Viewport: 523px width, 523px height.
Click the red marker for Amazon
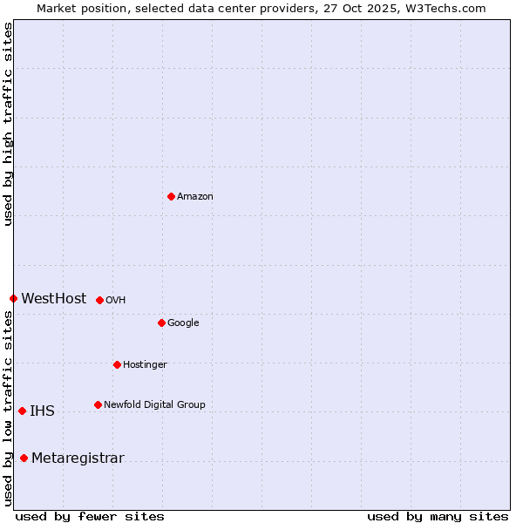click(171, 196)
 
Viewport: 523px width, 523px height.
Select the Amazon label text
click(195, 197)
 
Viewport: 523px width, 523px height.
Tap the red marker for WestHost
click(13, 298)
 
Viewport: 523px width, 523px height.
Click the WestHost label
click(54, 299)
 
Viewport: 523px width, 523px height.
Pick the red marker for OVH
click(99, 300)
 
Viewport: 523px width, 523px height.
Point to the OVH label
click(116, 301)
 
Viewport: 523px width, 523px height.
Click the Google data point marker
click(161, 323)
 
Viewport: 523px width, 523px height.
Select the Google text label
click(183, 323)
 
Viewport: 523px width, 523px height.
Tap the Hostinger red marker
click(117, 364)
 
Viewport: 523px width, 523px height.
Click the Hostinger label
click(145, 365)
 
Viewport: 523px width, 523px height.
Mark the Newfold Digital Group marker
click(98, 404)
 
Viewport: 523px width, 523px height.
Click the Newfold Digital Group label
click(154, 404)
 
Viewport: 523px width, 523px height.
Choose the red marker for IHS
click(22, 411)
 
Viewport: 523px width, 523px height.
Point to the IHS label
click(42, 411)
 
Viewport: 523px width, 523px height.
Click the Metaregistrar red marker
click(24, 458)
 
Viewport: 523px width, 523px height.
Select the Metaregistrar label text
click(78, 458)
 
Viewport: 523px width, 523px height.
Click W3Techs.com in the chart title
click(450, 9)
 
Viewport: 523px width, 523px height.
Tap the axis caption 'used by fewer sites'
click(90, 516)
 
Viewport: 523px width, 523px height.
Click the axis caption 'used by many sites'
click(438, 516)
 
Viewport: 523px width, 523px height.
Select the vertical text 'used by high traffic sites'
click(8, 124)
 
